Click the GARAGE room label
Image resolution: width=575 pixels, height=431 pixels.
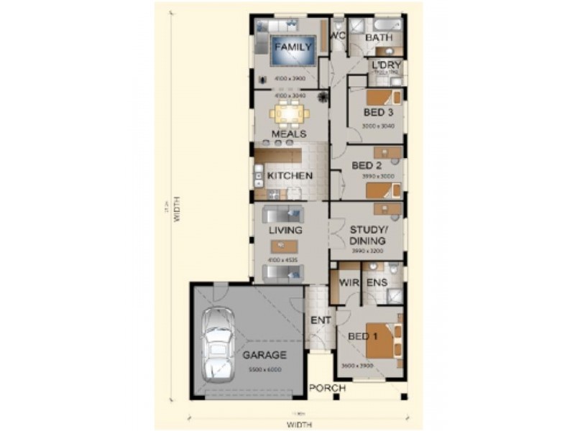(x=264, y=355)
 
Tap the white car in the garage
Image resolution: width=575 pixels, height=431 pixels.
(x=217, y=346)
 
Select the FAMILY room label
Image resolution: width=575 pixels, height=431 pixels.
(x=293, y=47)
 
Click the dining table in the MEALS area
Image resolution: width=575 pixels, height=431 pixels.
(x=290, y=113)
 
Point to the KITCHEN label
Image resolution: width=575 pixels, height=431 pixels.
(x=290, y=176)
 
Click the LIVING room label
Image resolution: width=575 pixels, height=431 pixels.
(x=285, y=231)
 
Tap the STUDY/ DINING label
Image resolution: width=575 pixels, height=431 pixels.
(x=367, y=236)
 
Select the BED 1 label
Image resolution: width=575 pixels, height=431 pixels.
(x=363, y=336)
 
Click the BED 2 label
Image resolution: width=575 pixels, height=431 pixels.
(x=367, y=166)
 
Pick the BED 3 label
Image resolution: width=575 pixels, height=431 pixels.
(x=378, y=113)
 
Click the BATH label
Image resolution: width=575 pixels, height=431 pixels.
(x=378, y=37)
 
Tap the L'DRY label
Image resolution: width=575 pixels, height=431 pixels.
(x=387, y=65)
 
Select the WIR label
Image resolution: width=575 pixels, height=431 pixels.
(x=349, y=284)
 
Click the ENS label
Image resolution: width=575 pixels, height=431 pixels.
(x=377, y=284)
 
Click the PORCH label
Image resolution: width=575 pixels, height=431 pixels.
(x=327, y=389)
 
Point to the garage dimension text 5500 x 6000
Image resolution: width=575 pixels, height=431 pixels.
(x=264, y=369)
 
